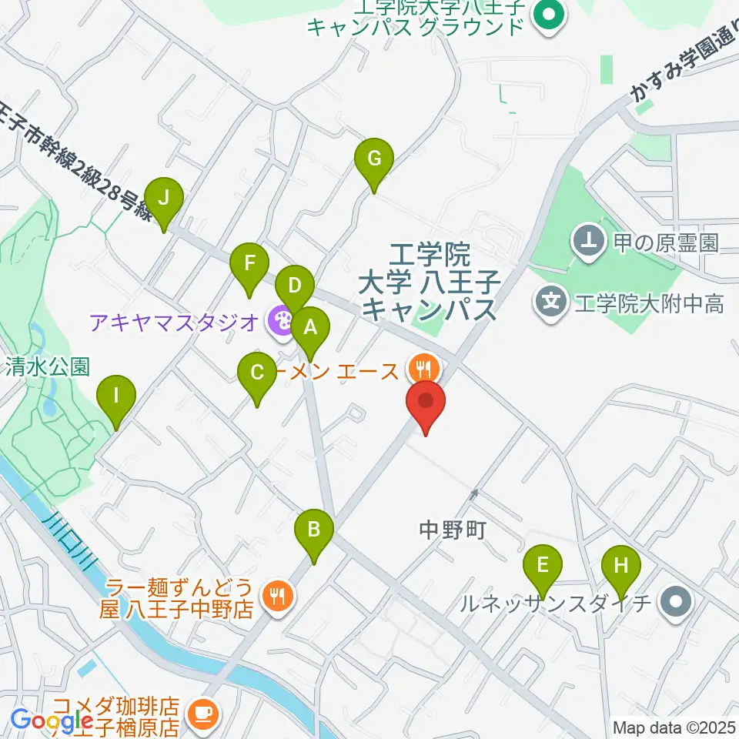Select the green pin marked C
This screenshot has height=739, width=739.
258,373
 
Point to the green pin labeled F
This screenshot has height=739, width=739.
249,264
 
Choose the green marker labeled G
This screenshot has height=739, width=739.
374,159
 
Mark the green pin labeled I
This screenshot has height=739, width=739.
116,396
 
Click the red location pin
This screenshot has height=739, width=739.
426,403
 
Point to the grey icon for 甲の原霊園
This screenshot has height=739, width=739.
589,243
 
